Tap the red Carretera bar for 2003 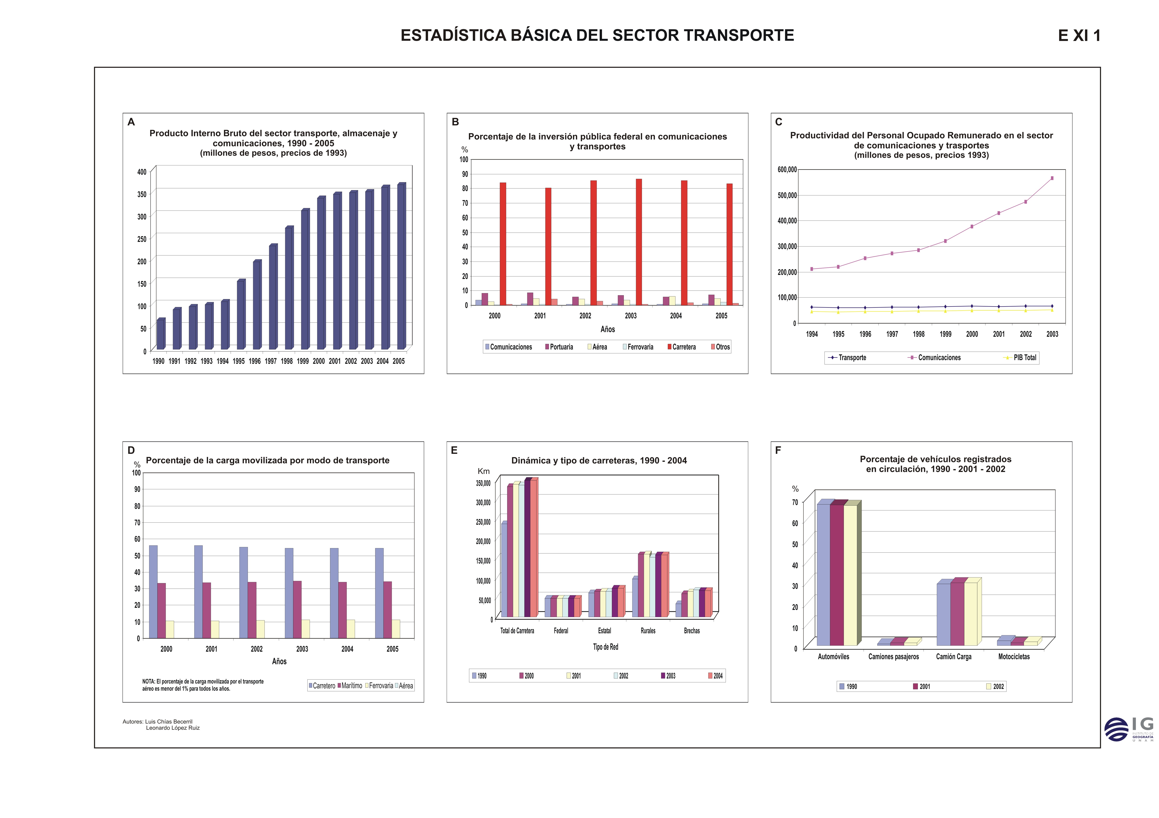point(639,242)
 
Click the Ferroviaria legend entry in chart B point(638,347)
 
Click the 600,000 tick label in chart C point(787,170)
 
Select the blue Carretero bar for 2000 point(153,592)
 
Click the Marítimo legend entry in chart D point(350,686)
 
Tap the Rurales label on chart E point(648,631)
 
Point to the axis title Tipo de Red point(605,647)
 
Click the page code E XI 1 point(1079,36)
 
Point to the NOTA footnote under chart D point(203,685)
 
